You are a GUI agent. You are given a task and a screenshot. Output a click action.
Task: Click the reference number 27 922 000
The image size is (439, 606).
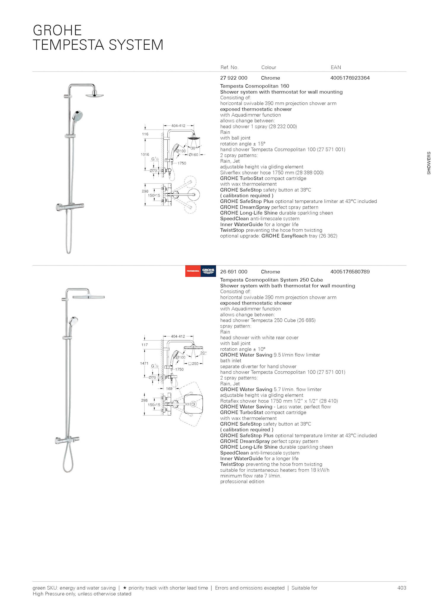point(233,78)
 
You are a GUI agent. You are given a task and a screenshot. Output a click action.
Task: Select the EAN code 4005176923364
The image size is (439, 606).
point(350,78)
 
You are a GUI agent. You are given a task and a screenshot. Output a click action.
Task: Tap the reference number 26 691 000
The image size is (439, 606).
point(233,272)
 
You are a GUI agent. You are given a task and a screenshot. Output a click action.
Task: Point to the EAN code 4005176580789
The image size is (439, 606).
point(350,272)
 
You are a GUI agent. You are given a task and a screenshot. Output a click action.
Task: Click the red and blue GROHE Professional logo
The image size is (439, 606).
point(201,271)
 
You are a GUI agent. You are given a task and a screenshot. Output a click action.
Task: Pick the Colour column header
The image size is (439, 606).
point(268,67)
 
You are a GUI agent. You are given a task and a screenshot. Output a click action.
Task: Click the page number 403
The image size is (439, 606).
point(401,588)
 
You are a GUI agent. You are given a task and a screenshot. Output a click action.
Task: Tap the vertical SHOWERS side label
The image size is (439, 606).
point(429,163)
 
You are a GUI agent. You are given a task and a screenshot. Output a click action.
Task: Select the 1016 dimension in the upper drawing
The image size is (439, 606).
point(145,154)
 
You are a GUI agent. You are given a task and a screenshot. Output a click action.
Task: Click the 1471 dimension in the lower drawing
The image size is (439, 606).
point(144,363)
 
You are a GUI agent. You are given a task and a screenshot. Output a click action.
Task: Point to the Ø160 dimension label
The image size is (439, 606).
point(193,155)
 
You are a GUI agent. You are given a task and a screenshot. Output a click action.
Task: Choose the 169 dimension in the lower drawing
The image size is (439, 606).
point(169,389)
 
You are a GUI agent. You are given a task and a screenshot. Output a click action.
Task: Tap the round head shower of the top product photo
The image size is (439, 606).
point(94,95)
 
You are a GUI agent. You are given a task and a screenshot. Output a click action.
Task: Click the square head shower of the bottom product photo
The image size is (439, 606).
point(89,297)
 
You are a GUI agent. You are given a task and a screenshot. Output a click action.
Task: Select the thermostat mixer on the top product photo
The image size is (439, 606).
point(71,207)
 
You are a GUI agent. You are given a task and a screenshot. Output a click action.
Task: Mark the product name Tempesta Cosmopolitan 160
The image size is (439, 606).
point(254,86)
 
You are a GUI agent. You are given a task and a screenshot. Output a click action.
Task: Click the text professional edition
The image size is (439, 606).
point(242,481)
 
